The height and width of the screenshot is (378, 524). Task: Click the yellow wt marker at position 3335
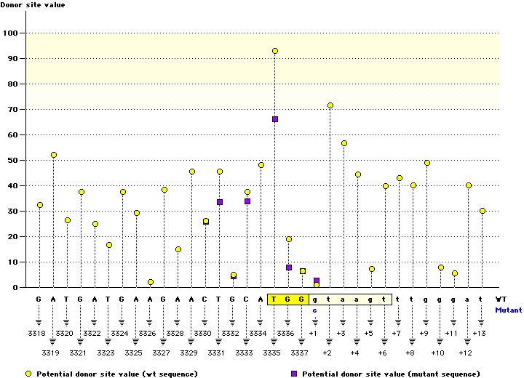click(x=275, y=51)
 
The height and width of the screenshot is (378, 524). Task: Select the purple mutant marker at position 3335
click(x=275, y=119)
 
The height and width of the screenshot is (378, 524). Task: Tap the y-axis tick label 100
click(x=11, y=33)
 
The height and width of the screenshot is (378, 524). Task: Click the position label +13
click(x=479, y=333)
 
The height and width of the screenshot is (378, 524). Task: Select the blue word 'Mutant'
click(x=508, y=310)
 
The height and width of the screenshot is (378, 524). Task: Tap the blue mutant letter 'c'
click(x=315, y=310)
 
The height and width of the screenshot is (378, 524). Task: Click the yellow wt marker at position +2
click(x=330, y=105)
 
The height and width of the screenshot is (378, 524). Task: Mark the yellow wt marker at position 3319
click(x=54, y=155)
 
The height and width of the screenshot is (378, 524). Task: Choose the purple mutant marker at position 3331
click(x=220, y=202)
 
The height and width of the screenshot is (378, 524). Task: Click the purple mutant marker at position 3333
click(x=247, y=201)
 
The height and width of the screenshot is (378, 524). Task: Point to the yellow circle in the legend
click(x=8, y=374)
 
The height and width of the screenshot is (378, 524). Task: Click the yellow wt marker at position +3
click(x=344, y=143)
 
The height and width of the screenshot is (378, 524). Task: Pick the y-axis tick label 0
click(x=16, y=288)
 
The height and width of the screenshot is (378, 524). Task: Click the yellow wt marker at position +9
click(x=427, y=163)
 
